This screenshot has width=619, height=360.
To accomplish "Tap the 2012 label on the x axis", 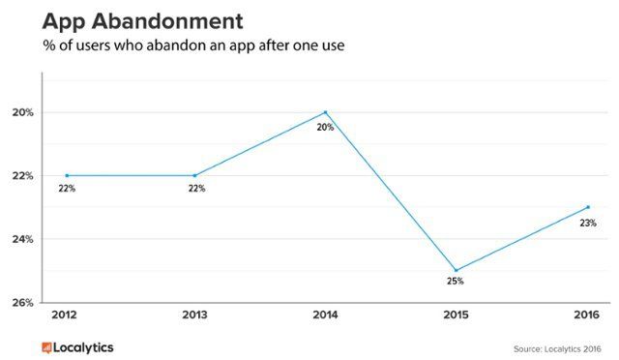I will (x=66, y=315).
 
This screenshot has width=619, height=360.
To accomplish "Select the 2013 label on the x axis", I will (x=194, y=315).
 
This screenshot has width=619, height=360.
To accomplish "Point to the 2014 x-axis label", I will (x=325, y=315).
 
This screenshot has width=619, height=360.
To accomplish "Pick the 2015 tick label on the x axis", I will (x=456, y=315).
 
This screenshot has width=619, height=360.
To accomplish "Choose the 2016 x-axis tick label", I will (x=585, y=315).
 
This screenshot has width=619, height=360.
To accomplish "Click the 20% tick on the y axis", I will (x=24, y=112).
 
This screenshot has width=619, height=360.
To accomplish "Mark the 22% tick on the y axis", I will (x=24, y=175).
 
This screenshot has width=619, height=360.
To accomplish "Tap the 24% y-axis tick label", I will (x=24, y=239).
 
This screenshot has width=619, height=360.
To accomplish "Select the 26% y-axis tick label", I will (x=24, y=302).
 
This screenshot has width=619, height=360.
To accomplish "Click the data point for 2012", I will (x=66, y=175).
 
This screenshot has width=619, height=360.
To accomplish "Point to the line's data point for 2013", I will (x=194, y=175).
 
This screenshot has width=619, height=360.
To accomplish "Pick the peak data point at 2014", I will (x=325, y=112).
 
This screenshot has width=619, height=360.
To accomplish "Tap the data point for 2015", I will (x=456, y=270).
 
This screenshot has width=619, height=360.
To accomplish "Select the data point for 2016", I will (x=587, y=207).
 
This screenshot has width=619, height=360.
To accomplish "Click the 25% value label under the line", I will (x=456, y=282).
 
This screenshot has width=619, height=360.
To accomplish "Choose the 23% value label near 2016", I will (x=588, y=223).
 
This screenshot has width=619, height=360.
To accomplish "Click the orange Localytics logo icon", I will (x=46, y=345).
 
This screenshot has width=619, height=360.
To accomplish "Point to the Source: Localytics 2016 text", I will (x=558, y=346).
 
